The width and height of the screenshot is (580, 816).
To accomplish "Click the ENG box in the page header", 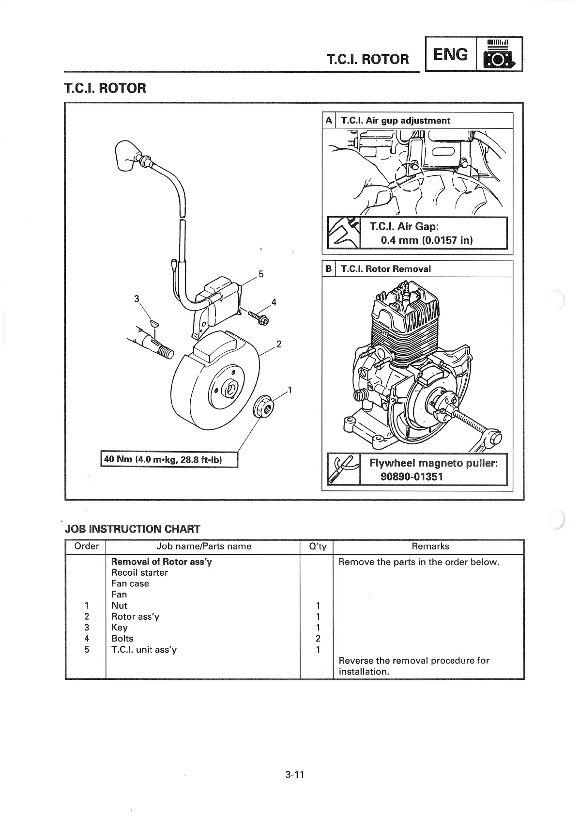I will click(451, 54).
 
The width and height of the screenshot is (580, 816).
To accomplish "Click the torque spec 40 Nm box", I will click(169, 459).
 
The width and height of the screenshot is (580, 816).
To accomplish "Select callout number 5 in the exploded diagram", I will click(261, 274).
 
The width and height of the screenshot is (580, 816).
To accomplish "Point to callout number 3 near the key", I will click(137, 298).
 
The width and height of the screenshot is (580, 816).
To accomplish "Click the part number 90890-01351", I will click(412, 476).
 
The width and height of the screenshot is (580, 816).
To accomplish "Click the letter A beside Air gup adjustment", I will click(329, 121).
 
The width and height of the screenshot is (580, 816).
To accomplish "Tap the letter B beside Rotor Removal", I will click(329, 269).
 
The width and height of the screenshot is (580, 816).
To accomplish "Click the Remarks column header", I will click(430, 547).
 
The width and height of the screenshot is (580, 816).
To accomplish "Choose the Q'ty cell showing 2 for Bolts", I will click(318, 639).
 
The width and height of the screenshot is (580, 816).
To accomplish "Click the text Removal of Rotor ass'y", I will click(161, 562).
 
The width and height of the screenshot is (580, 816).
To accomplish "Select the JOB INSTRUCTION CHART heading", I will click(132, 529).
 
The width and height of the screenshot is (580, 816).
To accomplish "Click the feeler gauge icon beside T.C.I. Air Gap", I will click(344, 233).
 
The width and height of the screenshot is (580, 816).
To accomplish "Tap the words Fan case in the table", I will click(130, 584).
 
